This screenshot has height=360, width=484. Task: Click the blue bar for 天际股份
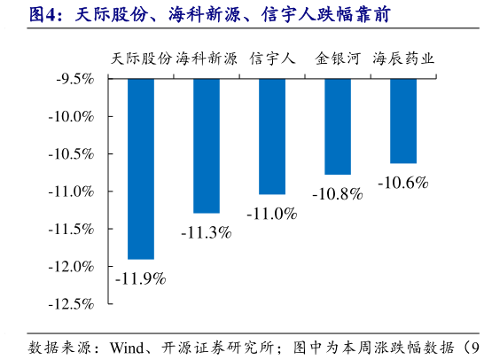[141, 168]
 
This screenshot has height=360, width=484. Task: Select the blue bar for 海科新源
[207, 146]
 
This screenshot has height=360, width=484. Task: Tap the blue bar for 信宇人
[272, 137]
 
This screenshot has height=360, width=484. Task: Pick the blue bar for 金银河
[338, 127]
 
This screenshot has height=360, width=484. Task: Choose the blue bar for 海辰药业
[403, 121]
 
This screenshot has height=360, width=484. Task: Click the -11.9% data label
[141, 279]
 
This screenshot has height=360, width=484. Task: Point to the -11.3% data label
[206, 233]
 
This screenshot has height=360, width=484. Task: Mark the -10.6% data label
[403, 184]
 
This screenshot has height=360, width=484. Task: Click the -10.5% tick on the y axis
[73, 154]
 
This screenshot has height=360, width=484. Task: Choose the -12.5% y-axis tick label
[73, 304]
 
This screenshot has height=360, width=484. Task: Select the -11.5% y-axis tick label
[73, 230]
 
